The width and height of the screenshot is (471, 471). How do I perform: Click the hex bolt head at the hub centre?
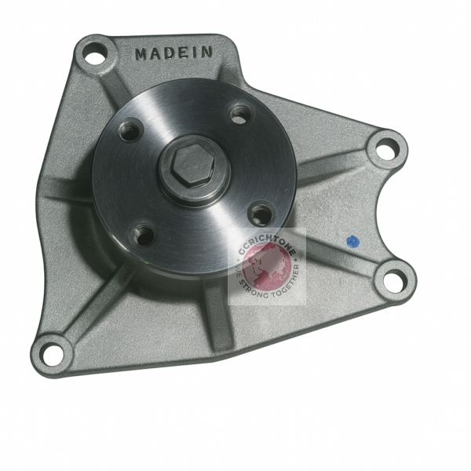click(192, 164)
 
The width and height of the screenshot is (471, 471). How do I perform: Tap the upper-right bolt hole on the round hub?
click(239, 113)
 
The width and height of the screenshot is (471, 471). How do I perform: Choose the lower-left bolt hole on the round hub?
click(142, 233)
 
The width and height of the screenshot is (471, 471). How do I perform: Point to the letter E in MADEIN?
click(184, 53)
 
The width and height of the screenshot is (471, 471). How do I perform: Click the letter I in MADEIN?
click(195, 53)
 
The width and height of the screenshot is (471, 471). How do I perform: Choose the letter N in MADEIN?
click(206, 53)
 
